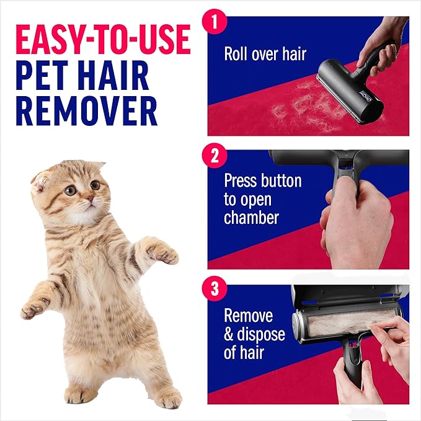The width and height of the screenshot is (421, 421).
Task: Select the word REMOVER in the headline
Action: point(86,113)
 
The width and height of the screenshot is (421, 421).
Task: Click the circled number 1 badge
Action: point(215,23)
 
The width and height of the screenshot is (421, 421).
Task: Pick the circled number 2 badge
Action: point(215,155)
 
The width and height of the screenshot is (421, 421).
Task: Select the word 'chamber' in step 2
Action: point(251,218)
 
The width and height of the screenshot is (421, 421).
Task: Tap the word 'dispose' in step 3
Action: point(260,334)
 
